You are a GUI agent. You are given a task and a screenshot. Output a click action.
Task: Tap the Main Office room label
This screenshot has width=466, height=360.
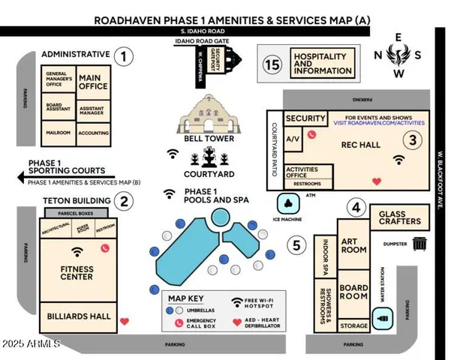(94, 82)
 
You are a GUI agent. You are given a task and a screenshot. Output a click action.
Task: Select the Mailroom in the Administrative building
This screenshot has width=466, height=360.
(58, 133)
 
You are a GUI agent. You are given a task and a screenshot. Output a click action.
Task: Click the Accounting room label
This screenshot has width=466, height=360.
(94, 133)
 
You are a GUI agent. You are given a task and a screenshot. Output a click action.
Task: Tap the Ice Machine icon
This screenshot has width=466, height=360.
(288, 203)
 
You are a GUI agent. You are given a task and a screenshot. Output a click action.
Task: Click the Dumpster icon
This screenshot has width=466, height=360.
(419, 243)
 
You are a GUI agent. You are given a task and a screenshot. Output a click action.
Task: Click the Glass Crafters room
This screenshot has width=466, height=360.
(399, 217)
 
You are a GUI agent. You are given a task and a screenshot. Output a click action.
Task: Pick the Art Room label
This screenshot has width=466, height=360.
(353, 244)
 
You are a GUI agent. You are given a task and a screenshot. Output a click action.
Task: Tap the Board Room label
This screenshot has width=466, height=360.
(353, 292)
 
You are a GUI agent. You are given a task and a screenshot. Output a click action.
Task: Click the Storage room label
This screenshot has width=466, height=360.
(353, 325)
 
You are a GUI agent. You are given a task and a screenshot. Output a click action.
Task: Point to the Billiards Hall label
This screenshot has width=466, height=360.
(79, 316)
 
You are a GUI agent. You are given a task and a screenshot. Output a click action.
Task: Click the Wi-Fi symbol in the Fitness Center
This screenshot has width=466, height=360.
(77, 251)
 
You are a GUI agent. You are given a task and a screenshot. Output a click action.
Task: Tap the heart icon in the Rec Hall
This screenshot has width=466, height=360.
(377, 181)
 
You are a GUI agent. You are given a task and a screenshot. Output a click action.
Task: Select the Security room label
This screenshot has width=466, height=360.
(305, 118)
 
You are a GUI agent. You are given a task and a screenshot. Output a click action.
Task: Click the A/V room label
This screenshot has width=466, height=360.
(293, 138)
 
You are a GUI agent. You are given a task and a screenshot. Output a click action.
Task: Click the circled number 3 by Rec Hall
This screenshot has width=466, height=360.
(411, 139)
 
